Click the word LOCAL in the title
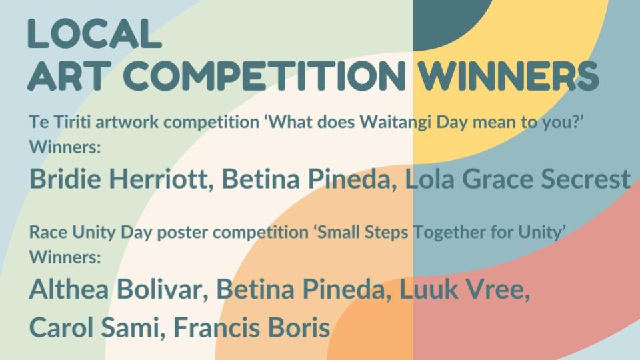point(95,34)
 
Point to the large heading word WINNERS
point(508,76)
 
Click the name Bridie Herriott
point(121,179)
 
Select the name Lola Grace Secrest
point(517,179)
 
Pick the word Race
point(49,233)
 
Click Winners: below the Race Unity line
point(65,257)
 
